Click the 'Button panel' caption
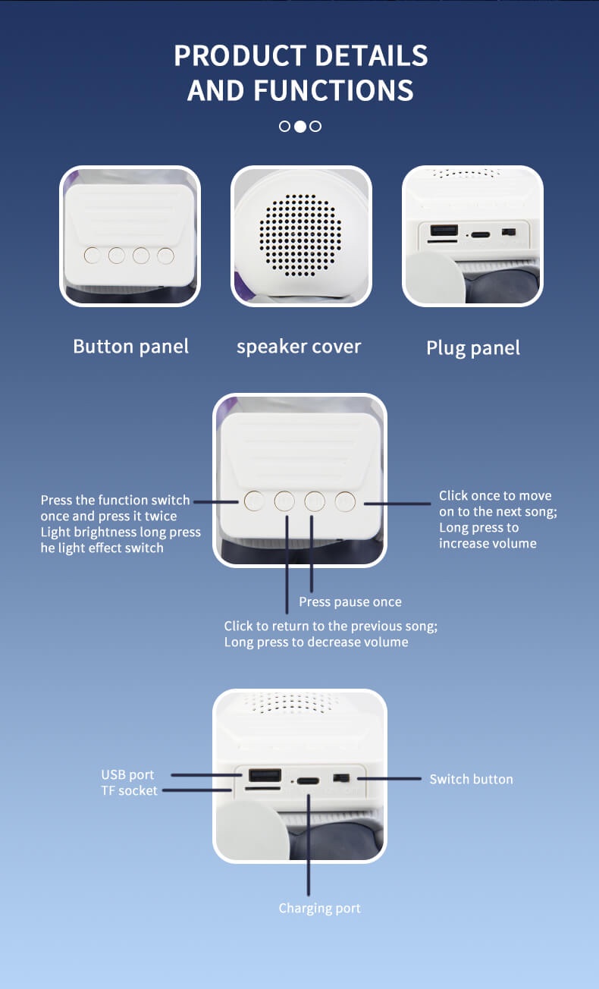[130, 347]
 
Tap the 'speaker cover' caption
[299, 347]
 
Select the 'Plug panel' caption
[473, 348]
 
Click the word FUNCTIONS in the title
[334, 90]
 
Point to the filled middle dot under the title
[300, 127]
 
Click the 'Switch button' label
[471, 779]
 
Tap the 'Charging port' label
[319, 908]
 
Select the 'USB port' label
[127, 774]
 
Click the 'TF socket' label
[129, 790]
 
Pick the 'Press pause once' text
[350, 601]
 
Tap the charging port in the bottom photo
[308, 780]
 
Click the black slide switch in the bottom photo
[341, 778]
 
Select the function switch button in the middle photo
[254, 501]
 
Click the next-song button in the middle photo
[346, 501]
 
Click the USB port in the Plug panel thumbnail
[444, 231]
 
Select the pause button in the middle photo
[315, 501]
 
